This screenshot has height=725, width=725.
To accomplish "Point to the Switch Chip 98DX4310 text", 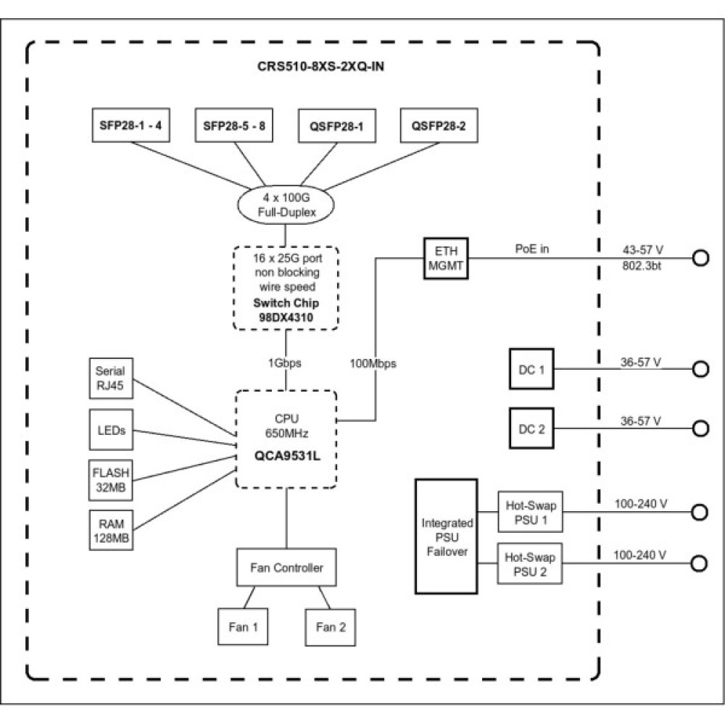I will coord(285,310).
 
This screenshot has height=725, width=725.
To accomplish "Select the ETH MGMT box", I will coord(447,257).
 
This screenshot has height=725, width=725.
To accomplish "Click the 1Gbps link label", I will coord(286,363).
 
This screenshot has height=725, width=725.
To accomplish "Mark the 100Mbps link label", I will coord(374,363).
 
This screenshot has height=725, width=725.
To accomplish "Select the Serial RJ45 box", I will coord(109,378).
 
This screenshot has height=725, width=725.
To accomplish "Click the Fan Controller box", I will coord(287,568).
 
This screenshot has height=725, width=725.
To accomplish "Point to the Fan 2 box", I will coord(331,627).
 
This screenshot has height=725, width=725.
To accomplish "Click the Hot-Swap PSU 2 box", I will coord(530,564).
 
